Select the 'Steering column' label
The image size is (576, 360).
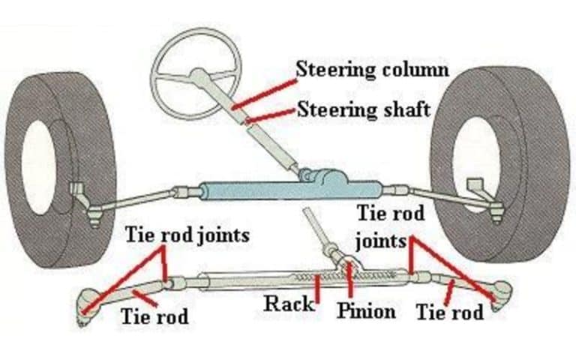372,69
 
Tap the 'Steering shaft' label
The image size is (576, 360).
364,109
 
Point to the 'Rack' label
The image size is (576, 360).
289,304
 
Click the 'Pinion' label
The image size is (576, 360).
366,310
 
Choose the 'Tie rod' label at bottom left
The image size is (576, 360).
154,316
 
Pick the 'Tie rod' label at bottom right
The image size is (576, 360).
450,311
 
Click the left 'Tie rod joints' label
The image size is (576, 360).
186,235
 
